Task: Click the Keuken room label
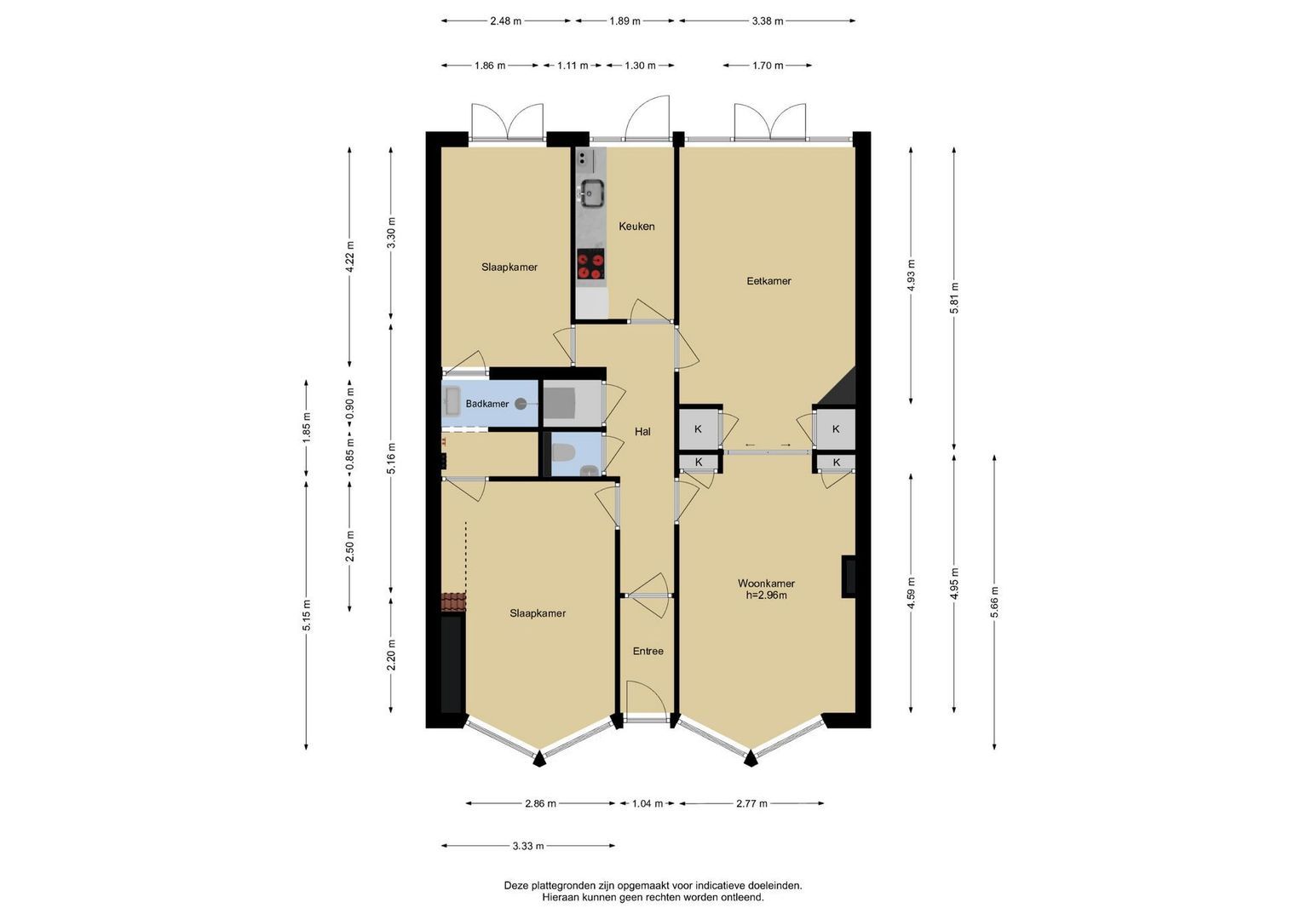(636, 227)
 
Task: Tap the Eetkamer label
(769, 281)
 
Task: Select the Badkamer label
(487, 404)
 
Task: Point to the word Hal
(642, 432)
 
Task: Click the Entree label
(648, 651)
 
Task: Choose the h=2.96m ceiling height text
(767, 595)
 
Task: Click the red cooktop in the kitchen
(590, 264)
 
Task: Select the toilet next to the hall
(562, 452)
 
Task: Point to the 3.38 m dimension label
(768, 21)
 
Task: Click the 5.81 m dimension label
(953, 298)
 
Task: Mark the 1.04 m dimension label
(647, 804)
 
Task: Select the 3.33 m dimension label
(528, 846)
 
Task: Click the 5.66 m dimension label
(995, 602)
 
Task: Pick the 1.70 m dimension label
(768, 66)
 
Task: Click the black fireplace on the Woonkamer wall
(849, 576)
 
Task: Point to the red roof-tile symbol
(453, 601)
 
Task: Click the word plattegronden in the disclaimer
(565, 886)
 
